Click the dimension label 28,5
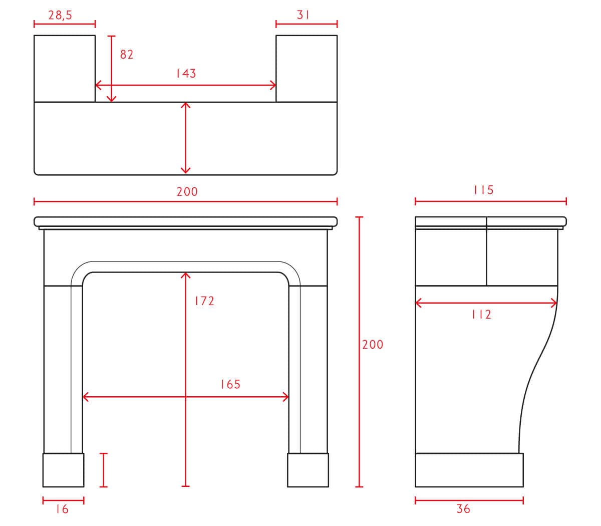[x=60, y=16]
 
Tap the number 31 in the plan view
[x=303, y=15]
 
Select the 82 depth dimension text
[x=127, y=55]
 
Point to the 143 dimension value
[x=186, y=74]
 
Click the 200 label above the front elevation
[x=187, y=192]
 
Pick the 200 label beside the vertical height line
[x=373, y=345]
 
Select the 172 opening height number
[x=205, y=301]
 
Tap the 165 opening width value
[x=230, y=384]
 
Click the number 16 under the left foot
[x=62, y=509]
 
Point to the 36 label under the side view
[x=463, y=509]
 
